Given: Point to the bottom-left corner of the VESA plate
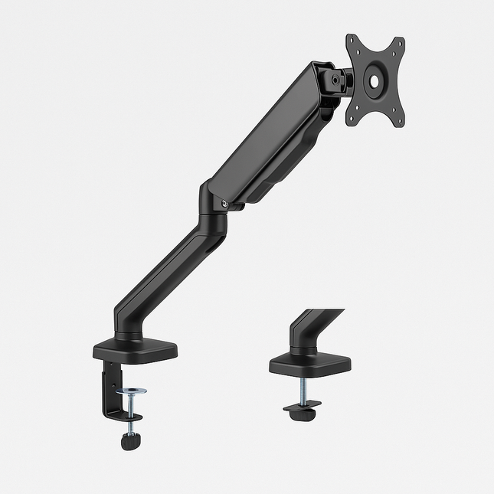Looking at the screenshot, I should [x=351, y=119].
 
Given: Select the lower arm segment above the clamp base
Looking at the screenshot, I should [x=165, y=276].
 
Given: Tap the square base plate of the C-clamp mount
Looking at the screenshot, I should [x=136, y=350].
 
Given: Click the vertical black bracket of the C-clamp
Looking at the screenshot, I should [x=112, y=391].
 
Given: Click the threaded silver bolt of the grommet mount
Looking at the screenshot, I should [x=303, y=390].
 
